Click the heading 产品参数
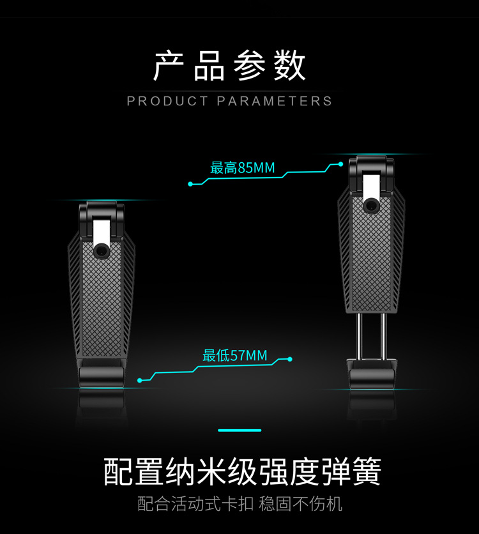[230, 65]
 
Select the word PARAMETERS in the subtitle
[275, 101]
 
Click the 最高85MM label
[243, 169]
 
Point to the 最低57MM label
[235, 356]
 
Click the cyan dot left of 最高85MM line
[190, 184]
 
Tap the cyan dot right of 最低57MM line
[290, 359]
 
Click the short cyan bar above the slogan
[240, 431]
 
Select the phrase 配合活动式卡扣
[195, 504]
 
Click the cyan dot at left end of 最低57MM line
[140, 381]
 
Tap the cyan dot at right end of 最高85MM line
[341, 165]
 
